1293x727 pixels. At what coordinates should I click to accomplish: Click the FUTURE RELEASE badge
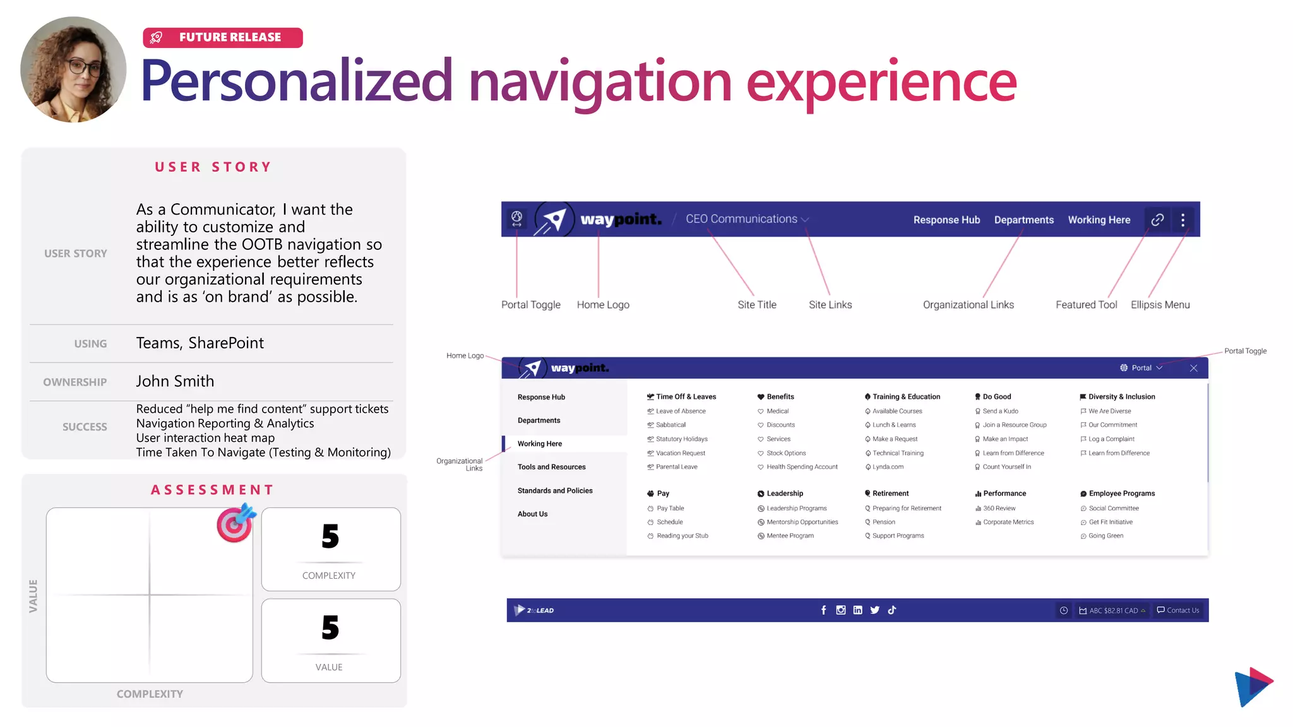point(222,38)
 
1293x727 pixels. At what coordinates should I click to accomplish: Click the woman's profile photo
point(73,69)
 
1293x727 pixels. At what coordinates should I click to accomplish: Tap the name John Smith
point(175,381)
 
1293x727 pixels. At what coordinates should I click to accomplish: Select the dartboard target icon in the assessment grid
point(235,523)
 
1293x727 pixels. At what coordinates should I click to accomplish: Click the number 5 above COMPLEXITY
point(330,536)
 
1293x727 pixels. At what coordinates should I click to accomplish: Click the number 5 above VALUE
point(330,628)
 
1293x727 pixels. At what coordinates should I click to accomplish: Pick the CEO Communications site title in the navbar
point(741,219)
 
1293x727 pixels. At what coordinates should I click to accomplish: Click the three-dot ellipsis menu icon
point(1183,220)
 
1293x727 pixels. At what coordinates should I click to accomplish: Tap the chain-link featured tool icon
point(1157,220)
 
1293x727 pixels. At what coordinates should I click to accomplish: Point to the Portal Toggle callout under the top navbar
point(530,305)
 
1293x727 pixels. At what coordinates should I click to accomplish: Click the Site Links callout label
point(830,305)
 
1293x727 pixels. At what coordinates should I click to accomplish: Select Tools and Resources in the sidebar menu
point(551,467)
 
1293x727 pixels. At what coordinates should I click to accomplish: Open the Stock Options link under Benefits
point(786,453)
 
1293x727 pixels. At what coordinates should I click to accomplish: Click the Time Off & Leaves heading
point(686,397)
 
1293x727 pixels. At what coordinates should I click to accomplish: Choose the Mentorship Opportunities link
point(802,522)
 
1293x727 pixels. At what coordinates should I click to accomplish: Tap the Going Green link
point(1105,536)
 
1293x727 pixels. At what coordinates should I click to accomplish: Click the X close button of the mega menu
point(1193,368)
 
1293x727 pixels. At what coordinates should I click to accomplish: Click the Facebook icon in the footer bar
point(823,610)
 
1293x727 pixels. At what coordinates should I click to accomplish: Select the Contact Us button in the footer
point(1178,610)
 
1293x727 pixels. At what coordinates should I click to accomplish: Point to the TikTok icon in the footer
point(891,610)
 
